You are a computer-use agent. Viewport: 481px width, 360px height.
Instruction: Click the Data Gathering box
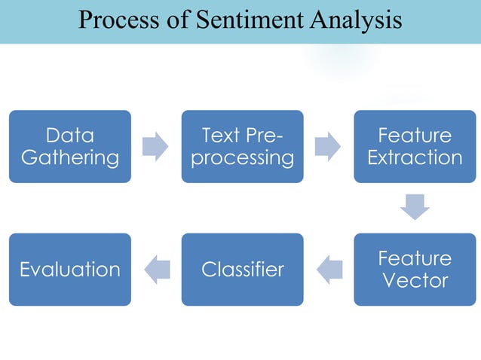pos(70,146)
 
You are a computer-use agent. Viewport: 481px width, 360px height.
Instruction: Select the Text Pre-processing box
pos(242,146)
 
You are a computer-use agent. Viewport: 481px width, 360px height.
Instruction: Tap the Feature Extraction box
pos(415,146)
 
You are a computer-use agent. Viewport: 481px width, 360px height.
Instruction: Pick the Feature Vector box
pos(415,269)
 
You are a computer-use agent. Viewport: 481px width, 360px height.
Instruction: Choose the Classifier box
pos(242,269)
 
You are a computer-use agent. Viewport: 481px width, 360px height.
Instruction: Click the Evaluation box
pos(70,269)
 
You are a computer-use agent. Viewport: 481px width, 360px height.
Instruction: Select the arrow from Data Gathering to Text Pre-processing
pos(155,146)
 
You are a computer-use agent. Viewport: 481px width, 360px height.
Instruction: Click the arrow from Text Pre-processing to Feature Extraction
pos(328,146)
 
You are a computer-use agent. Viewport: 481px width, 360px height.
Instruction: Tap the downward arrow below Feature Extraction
pos(415,207)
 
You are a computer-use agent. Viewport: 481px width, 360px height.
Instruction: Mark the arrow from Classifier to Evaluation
pos(156,269)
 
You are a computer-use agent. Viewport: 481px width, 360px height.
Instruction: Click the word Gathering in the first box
pos(70,157)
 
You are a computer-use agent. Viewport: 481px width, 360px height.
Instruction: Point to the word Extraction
pos(415,157)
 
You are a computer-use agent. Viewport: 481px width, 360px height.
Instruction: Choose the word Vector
pos(415,280)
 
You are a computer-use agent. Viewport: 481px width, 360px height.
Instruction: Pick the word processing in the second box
pos(242,157)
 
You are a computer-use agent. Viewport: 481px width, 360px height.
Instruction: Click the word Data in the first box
pos(70,136)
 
